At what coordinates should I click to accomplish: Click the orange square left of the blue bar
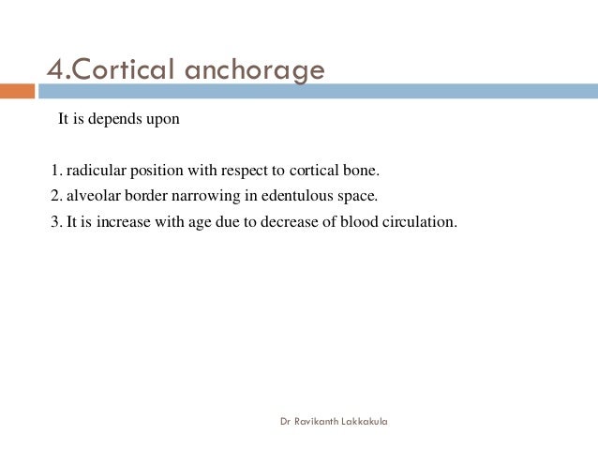point(17,91)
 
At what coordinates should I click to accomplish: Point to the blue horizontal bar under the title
point(319,91)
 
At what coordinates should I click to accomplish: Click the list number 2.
point(53,197)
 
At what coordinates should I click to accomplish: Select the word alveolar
point(91,197)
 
